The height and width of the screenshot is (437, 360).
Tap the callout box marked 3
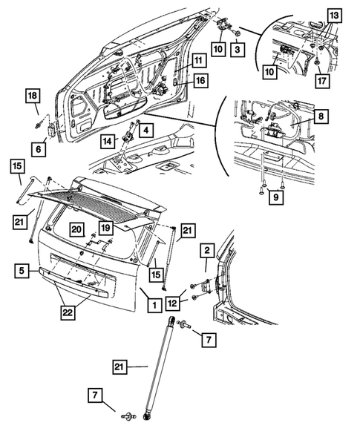235,49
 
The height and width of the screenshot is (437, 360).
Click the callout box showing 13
333,16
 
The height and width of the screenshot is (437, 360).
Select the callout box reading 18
32,96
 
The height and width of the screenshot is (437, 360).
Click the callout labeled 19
105,229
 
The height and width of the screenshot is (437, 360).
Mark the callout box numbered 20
76,229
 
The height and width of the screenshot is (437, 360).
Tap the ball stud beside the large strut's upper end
182,324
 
